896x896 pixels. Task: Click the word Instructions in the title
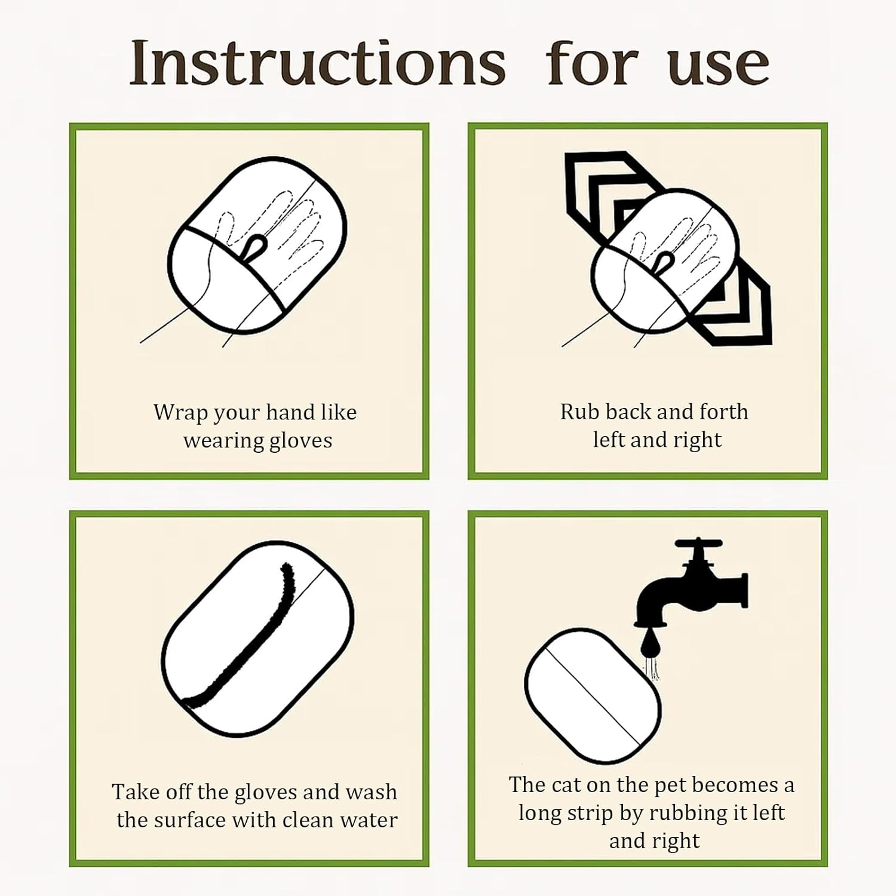click(x=318, y=63)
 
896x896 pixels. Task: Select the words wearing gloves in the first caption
click(x=257, y=441)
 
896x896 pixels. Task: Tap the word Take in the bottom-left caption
click(x=134, y=792)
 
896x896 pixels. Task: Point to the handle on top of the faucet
click(x=698, y=544)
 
